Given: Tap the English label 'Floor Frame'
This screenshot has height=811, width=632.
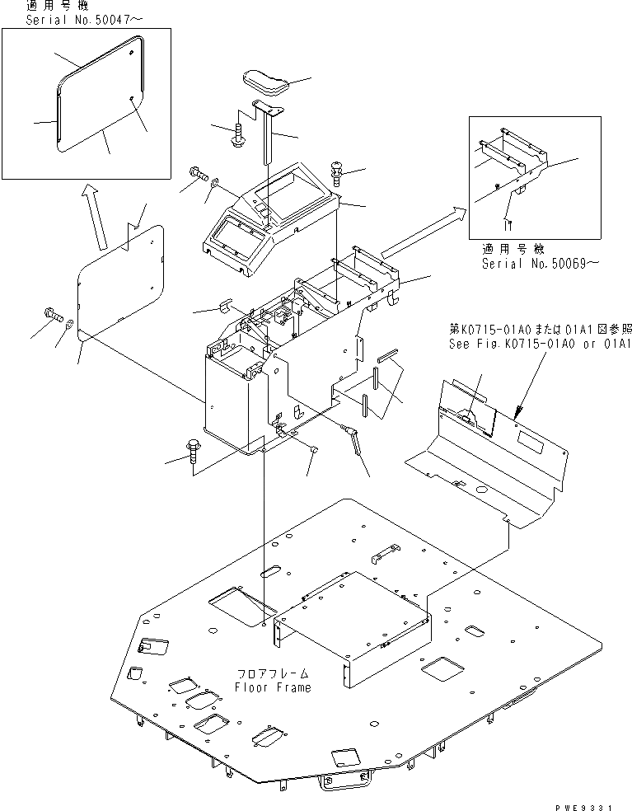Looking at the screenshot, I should (273, 687).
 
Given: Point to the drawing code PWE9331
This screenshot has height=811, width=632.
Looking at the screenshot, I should (597, 803).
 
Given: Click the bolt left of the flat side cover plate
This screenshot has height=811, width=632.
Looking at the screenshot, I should (50, 314).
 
